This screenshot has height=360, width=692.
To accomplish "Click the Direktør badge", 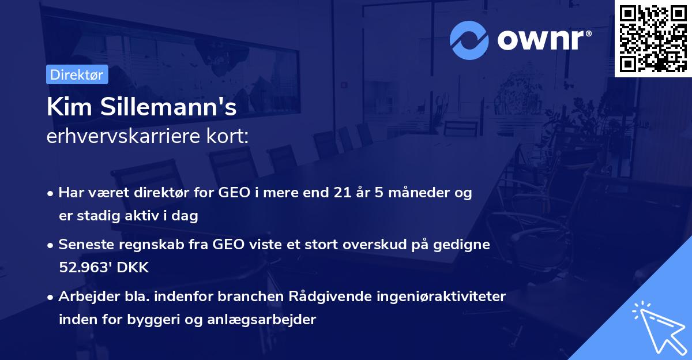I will (x=77, y=75).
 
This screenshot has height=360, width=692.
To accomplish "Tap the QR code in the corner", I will (x=652, y=39).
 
